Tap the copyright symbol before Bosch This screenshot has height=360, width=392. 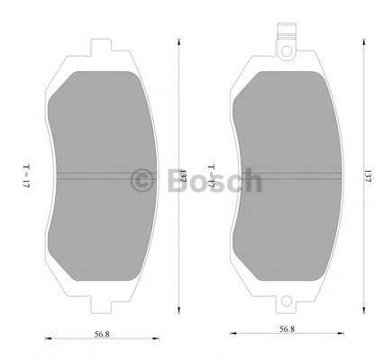click(143, 181)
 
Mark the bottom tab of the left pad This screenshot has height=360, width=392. click(106, 301)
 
